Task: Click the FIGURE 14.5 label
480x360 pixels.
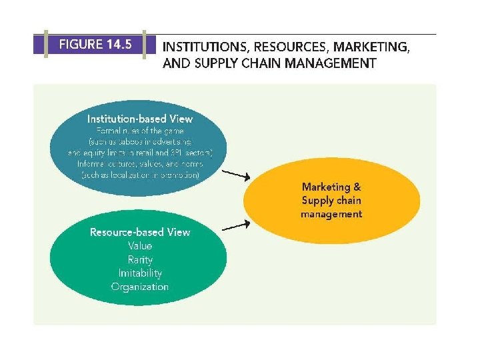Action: [x=95, y=45]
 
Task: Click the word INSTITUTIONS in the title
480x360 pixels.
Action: [x=203, y=47]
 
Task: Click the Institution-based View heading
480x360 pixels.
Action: [x=140, y=119]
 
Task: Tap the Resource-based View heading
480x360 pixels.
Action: [x=140, y=232]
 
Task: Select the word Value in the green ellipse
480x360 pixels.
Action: [x=140, y=245]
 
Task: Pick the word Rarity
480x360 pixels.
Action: [x=140, y=259]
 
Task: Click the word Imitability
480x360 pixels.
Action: [x=140, y=273]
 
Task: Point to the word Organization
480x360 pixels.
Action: [x=140, y=287]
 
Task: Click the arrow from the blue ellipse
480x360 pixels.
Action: [x=235, y=175]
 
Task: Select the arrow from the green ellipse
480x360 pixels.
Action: [x=235, y=226]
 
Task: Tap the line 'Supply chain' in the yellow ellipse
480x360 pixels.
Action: [x=331, y=200]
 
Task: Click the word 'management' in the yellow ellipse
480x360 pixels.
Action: [x=331, y=214]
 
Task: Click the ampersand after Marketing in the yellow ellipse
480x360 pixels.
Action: [x=357, y=187]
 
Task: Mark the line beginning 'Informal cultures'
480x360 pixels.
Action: [x=140, y=163]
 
